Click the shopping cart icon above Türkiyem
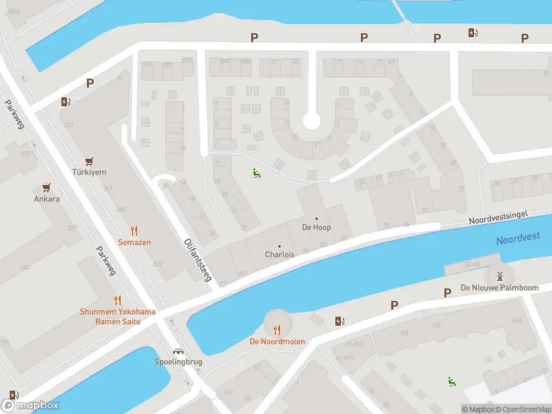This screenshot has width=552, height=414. [x=88, y=160]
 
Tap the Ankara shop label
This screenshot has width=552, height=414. [x=47, y=199]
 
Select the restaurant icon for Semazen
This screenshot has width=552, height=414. [x=134, y=231]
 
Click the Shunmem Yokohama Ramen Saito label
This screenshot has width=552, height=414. [x=118, y=317]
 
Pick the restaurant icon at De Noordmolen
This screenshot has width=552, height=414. [x=277, y=330]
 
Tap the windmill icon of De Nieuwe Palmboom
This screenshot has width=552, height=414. [x=500, y=275]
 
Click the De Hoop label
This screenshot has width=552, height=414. [x=316, y=227]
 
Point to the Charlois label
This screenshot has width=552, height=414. [x=279, y=254]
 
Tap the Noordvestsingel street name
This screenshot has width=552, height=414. [x=498, y=217]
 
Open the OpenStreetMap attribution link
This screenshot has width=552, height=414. [x=518, y=409]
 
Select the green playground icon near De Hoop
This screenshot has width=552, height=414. [x=257, y=174]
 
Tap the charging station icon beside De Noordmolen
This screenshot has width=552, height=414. [x=339, y=321]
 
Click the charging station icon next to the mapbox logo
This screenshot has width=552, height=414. [x=13, y=395]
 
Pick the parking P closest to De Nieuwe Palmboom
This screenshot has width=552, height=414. [x=447, y=293]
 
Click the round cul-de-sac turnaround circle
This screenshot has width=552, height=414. [x=312, y=121]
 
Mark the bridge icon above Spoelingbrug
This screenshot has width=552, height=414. [x=178, y=351]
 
